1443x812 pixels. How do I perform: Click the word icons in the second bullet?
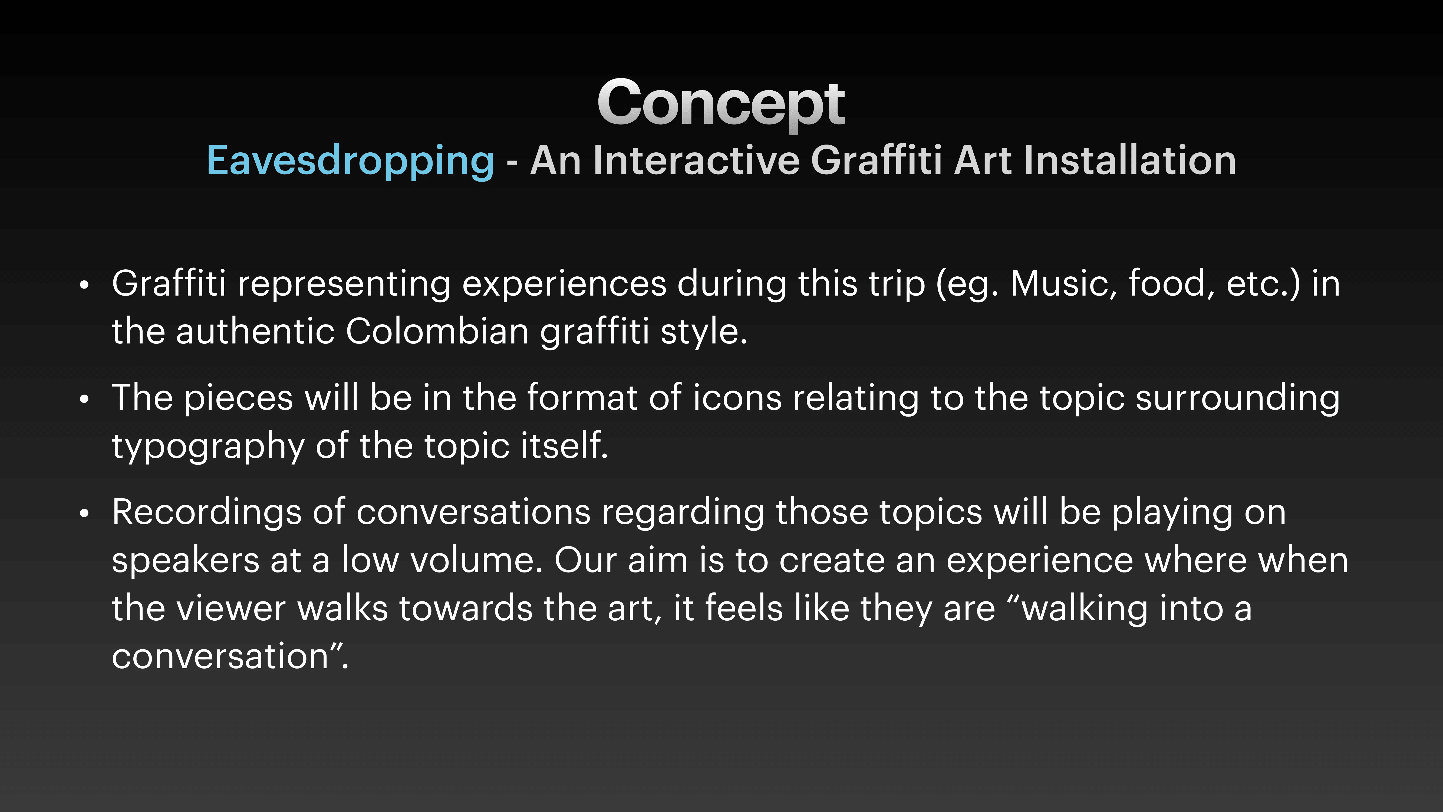coord(737,398)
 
